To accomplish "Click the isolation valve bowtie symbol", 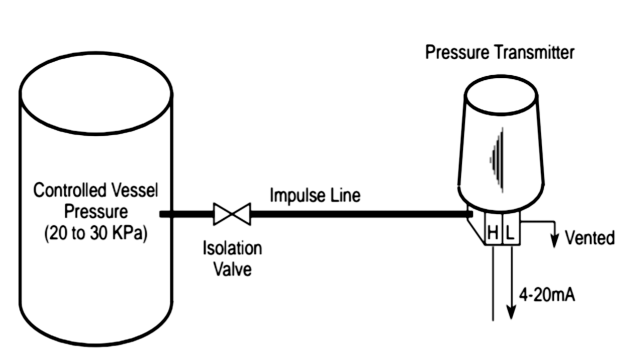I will pos(232,214).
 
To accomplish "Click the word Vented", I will pos(590,238).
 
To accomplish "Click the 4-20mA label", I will pos(547,295).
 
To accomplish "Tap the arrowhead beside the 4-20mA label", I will pos(511,312).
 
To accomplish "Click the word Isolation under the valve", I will pos(232,248).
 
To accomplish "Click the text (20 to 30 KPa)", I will pos(95,233).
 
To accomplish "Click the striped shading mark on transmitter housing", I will pos(496,160).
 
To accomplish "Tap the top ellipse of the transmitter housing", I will pos(501,94).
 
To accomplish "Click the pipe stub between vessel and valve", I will pos(186,214).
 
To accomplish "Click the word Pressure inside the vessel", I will pos(95,212).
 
